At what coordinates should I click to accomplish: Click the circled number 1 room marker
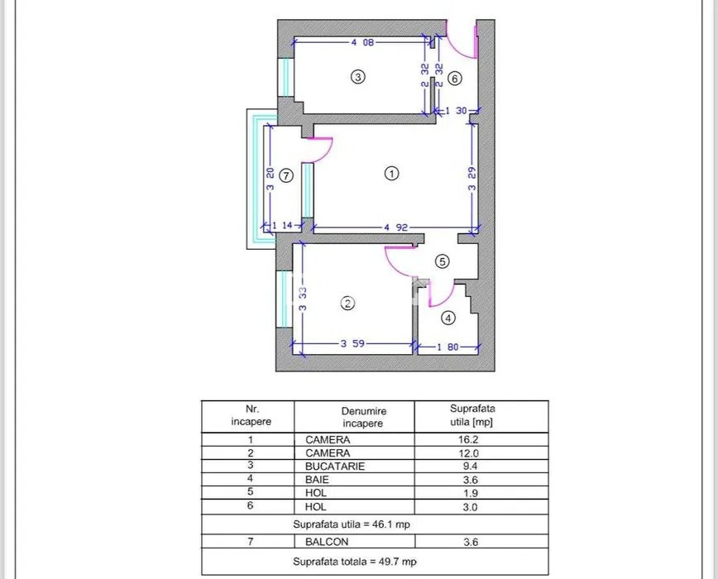(x=391, y=174)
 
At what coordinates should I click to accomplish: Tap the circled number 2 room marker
(x=347, y=304)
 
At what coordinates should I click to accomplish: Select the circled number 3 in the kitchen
(x=357, y=76)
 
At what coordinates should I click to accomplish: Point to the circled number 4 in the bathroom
(x=448, y=318)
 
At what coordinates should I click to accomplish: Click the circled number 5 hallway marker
(x=442, y=261)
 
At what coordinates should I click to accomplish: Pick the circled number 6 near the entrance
(x=454, y=79)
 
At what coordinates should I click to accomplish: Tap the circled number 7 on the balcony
(x=286, y=175)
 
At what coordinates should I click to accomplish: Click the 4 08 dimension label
(x=362, y=42)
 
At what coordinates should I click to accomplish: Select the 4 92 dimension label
(x=395, y=227)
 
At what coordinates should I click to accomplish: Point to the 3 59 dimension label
(x=352, y=342)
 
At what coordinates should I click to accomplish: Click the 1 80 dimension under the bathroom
(x=447, y=347)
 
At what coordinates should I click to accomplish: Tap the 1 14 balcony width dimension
(x=282, y=225)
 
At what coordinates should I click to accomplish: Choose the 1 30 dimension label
(x=456, y=111)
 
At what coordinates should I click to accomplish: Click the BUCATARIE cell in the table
(x=335, y=467)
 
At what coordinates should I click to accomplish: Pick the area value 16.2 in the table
(x=468, y=440)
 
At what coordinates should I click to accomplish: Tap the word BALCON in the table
(x=327, y=542)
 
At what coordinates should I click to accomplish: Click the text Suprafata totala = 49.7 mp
(x=355, y=562)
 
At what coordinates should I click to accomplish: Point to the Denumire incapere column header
(x=364, y=417)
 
